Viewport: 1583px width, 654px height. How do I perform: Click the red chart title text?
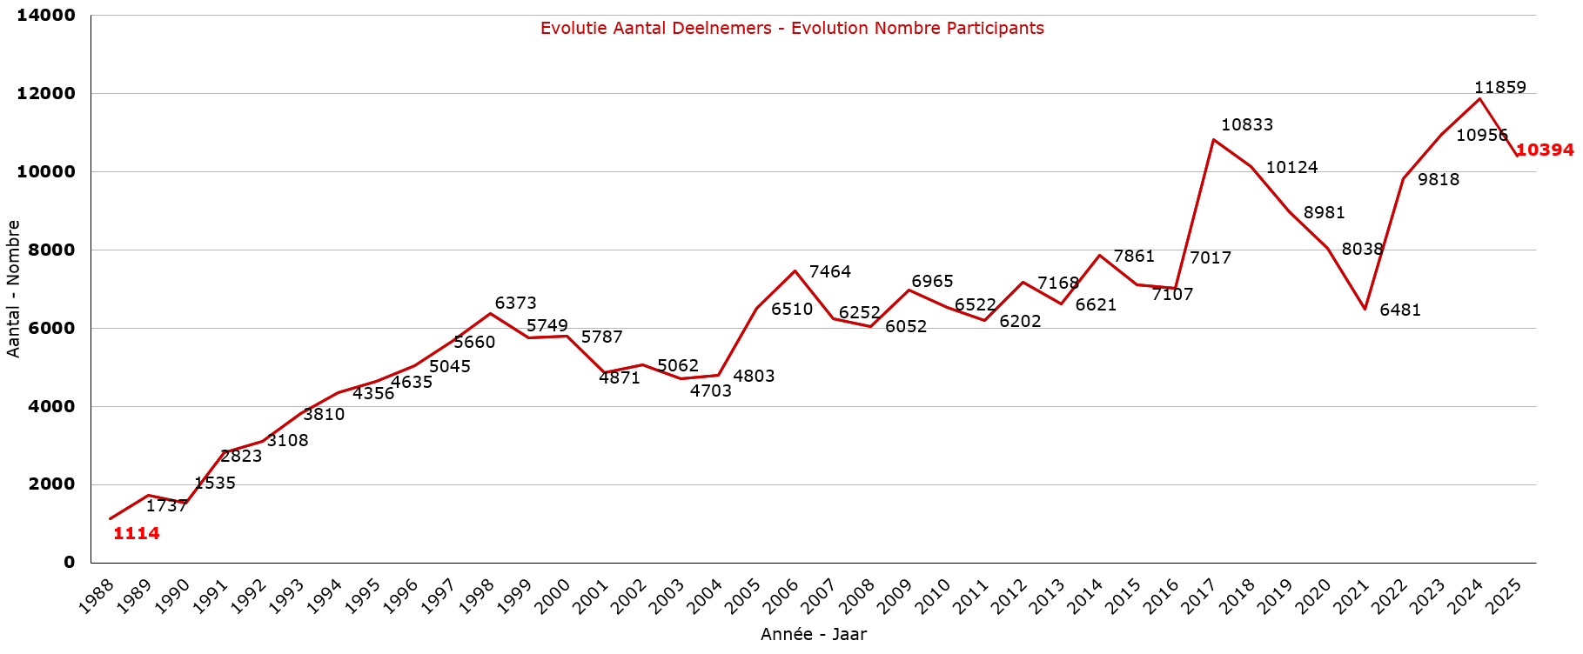(x=792, y=28)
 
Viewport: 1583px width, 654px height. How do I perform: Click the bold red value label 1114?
(x=137, y=533)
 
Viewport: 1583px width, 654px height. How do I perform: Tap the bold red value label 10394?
(x=1545, y=150)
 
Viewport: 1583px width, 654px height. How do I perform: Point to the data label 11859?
(x=1499, y=87)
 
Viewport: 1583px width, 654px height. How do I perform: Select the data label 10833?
(x=1246, y=124)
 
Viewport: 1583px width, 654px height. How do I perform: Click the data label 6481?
(x=1399, y=310)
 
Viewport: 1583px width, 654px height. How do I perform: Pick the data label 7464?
(x=829, y=271)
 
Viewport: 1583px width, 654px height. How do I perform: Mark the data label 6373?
(x=515, y=303)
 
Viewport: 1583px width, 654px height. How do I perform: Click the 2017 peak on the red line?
(x=1213, y=139)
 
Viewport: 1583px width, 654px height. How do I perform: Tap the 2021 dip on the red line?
(x=1365, y=309)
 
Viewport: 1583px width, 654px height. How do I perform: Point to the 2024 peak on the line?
(x=1479, y=99)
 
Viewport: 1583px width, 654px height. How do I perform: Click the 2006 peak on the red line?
(x=795, y=271)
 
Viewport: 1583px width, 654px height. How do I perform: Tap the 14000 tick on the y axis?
(x=46, y=15)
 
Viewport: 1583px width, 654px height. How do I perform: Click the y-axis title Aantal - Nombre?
(x=13, y=289)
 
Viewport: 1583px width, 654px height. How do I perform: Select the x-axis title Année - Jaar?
(x=813, y=634)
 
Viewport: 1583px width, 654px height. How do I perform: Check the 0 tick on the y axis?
(x=69, y=562)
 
